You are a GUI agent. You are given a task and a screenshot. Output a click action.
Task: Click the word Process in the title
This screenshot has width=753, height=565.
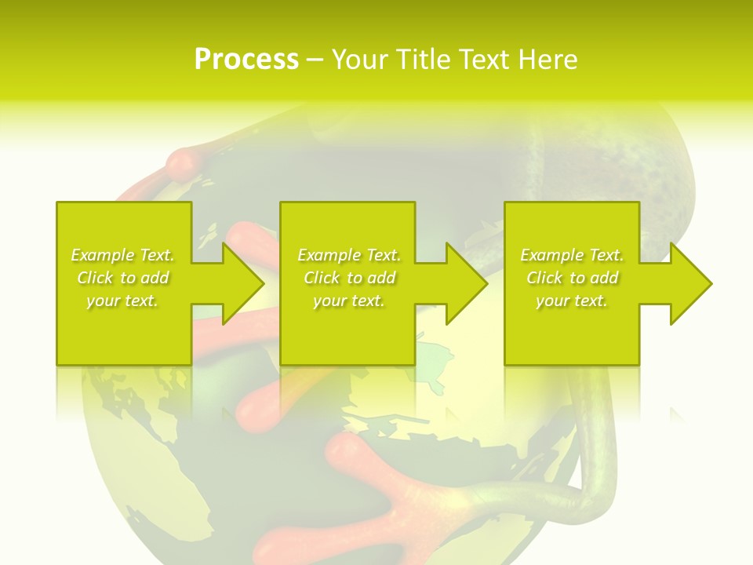[x=246, y=60]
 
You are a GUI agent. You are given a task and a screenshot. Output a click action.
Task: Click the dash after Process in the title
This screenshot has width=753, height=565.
[x=315, y=60]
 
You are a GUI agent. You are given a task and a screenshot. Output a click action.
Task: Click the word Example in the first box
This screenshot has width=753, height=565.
[x=103, y=255]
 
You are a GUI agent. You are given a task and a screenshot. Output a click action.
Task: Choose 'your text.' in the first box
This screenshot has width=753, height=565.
[x=122, y=301]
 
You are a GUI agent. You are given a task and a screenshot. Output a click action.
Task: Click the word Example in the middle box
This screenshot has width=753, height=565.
[x=329, y=255]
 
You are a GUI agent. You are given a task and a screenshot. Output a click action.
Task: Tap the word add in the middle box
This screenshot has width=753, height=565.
[x=380, y=278]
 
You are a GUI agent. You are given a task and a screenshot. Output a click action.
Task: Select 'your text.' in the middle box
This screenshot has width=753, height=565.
[x=348, y=301]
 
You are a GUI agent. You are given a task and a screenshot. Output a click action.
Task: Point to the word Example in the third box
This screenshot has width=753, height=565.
[x=552, y=255]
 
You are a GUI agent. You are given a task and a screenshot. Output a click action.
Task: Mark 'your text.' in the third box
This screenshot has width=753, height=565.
[x=571, y=301]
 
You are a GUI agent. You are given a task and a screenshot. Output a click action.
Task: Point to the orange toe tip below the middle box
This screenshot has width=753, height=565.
[x=255, y=409]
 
